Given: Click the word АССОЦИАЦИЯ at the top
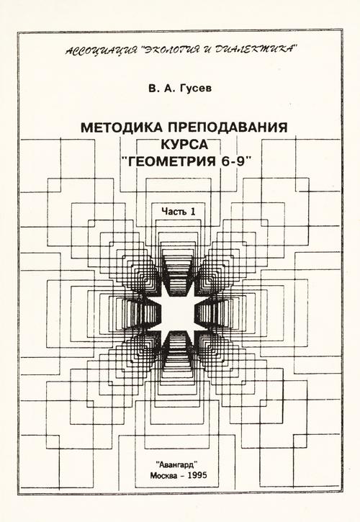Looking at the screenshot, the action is (102, 50).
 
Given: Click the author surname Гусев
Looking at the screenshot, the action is (195, 89).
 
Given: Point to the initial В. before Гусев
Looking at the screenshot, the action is (153, 89).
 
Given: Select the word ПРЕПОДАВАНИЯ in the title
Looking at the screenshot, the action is (228, 127).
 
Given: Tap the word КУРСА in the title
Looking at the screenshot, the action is (184, 145).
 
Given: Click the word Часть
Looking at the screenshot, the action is (174, 212).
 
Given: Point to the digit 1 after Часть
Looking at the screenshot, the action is (192, 212).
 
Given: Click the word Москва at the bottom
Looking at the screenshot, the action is (164, 475).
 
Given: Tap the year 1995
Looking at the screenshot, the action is (197, 475).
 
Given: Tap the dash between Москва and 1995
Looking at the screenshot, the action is (182, 475).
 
